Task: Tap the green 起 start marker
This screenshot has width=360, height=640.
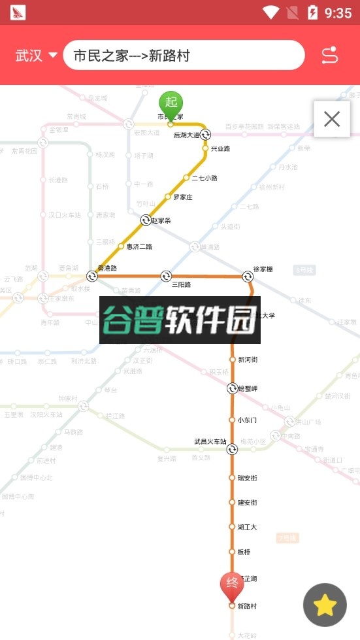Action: pos(171,103)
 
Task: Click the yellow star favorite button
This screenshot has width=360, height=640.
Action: pos(325,605)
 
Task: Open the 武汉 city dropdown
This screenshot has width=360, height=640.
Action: pos(37,56)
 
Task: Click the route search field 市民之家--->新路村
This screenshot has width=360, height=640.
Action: pos(184,56)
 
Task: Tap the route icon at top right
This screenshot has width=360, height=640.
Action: pos(330,56)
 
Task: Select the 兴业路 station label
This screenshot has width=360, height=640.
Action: pos(220,149)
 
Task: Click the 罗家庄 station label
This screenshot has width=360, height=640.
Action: pos(182,197)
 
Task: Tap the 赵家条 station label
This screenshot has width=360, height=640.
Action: pos(161,220)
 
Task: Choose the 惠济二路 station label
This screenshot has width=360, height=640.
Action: pos(139,246)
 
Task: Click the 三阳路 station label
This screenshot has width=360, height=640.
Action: pos(181,284)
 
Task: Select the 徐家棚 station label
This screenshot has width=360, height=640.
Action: pos(263,269)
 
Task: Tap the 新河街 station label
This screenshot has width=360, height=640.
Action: pos(248,360)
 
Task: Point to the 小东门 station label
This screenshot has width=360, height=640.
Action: pos(247,420)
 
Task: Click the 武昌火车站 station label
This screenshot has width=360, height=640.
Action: pos(210,442)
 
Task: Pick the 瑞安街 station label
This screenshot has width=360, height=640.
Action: pos(247,478)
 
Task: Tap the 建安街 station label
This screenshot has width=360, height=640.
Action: pos(247,503)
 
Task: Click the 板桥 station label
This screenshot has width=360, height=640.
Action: pos(244,552)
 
